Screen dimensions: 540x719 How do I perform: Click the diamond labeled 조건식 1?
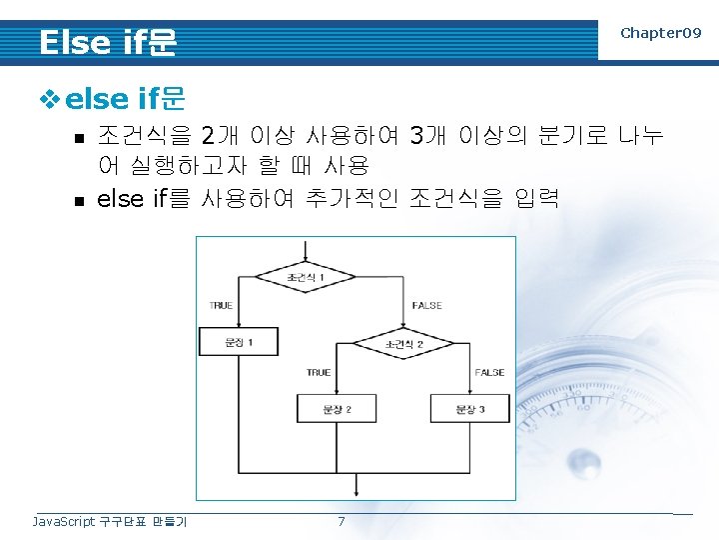coord(306,275)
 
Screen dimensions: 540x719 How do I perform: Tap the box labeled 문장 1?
coord(232,343)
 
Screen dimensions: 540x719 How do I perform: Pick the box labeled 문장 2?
coord(337,409)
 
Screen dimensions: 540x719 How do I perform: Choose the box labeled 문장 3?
coord(469,409)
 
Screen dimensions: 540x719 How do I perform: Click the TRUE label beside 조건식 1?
coord(221,305)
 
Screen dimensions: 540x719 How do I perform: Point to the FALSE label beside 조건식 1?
coord(426,305)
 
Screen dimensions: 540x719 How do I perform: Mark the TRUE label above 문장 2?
coord(319,372)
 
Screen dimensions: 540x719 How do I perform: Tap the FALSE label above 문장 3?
coord(489,372)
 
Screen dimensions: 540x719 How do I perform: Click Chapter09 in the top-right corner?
coord(660,33)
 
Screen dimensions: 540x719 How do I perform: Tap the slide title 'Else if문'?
coord(108,42)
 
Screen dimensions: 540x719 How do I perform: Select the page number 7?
coord(341,521)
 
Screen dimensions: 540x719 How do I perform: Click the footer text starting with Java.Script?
coord(110,521)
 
